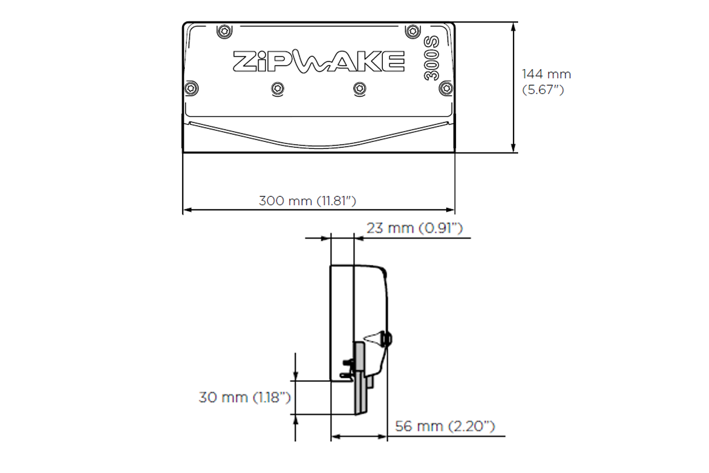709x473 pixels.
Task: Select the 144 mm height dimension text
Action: pos(546,74)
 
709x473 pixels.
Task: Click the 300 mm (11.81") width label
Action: pos(307,200)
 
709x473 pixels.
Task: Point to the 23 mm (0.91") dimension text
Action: pos(414,228)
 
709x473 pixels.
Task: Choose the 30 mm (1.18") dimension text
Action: pos(244,397)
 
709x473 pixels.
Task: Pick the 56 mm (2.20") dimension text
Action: pos(444,426)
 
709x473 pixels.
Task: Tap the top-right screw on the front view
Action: pos(411,31)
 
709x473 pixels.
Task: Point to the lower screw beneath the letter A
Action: pos(359,89)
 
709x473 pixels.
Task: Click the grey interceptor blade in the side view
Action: pos(360,378)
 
